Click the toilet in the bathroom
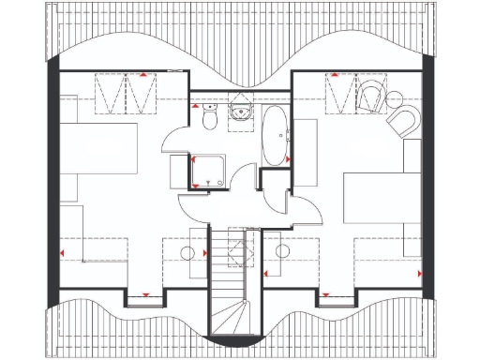pos(209,120)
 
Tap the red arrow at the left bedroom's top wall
pos(142,72)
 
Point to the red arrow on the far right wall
pos(419,274)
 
